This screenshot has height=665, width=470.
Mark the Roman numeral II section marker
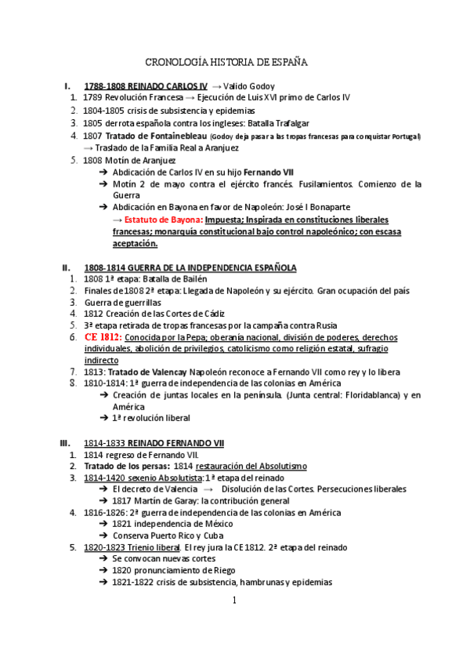66,267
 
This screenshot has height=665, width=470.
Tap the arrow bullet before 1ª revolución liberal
104,419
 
